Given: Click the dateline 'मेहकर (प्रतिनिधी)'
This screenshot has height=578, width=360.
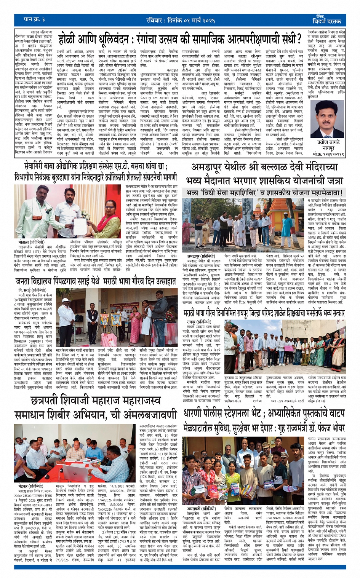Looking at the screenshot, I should tap(30, 486).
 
